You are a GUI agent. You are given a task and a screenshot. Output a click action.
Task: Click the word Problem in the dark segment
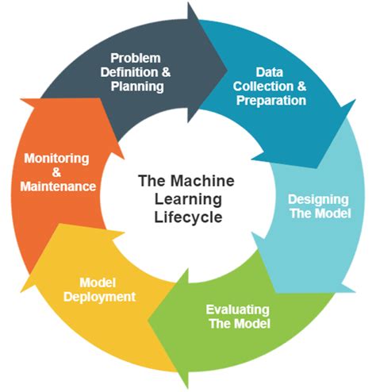coord(135,57)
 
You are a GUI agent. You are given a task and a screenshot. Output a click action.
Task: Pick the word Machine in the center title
coord(201,181)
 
